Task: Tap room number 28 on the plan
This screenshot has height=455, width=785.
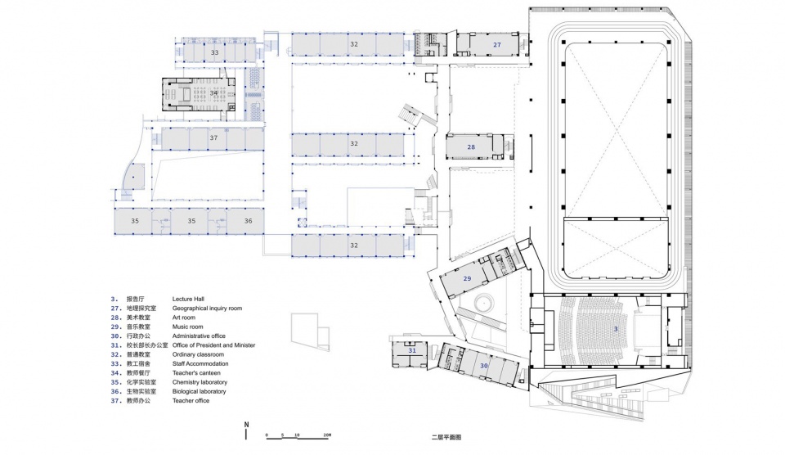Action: point(471,147)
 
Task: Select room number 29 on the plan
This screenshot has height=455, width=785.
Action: point(467,279)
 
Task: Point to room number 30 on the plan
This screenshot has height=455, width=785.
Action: point(483,365)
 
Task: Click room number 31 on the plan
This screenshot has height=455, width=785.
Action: point(412,350)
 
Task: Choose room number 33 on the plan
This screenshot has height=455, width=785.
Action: point(214,52)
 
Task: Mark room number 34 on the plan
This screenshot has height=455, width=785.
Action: point(213,93)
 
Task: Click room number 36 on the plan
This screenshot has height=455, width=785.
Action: point(248,221)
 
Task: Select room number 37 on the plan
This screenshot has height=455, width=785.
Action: point(213,138)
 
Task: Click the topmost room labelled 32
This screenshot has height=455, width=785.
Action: point(353,43)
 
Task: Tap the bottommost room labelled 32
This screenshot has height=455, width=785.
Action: point(353,245)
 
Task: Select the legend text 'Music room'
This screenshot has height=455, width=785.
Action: point(190,327)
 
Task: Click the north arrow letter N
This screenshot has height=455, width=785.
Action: point(246,425)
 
